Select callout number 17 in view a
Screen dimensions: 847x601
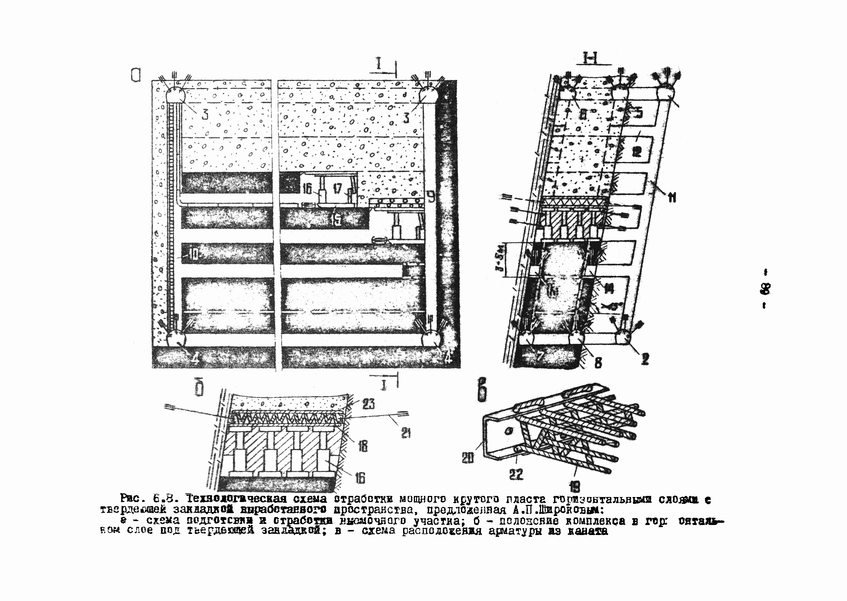click(337, 189)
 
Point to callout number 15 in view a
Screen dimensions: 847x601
click(336, 220)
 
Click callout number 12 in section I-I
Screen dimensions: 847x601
click(637, 152)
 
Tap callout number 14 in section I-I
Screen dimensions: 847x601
click(608, 288)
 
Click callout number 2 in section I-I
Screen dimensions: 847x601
click(645, 358)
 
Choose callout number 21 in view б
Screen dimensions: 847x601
click(406, 433)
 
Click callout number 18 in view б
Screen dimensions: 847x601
click(363, 447)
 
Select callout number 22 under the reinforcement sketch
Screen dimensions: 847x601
click(516, 474)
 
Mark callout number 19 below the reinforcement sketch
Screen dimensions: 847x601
click(575, 486)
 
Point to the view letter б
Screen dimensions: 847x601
click(199, 390)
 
